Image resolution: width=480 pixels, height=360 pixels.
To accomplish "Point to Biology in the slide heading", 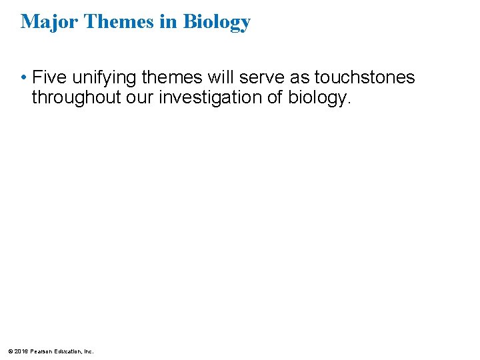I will [217, 23].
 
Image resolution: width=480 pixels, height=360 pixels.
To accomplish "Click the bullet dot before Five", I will [23, 78].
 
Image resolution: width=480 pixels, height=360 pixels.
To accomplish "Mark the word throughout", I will [75, 97].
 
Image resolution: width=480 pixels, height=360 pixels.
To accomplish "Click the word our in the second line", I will [139, 97].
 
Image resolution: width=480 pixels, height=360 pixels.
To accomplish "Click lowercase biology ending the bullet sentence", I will [318, 98].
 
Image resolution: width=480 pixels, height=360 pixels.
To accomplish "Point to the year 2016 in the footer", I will [20, 351].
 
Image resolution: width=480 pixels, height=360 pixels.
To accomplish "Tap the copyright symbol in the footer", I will [10, 351].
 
